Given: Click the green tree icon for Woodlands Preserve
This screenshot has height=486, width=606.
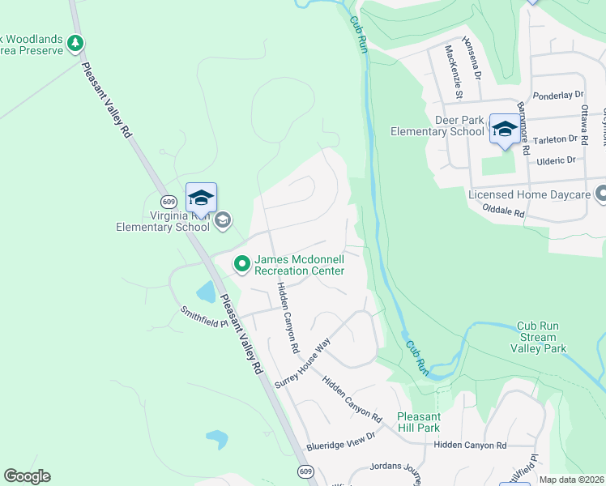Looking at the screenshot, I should point(75,43).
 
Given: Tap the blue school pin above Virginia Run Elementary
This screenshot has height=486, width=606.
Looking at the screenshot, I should point(201,198).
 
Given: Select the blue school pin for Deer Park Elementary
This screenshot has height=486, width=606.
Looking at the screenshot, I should point(505,129).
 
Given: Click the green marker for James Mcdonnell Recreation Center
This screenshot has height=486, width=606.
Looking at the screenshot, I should point(241,264).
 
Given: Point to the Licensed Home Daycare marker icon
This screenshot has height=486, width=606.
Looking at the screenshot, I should point(600,194).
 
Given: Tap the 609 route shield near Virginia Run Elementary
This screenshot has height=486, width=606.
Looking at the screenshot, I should point(169,201).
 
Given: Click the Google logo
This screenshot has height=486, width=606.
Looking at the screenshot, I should point(27,476).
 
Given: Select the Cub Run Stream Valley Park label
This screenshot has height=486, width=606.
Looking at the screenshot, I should point(538,338).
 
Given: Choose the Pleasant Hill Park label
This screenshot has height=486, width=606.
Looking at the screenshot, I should point(418,422).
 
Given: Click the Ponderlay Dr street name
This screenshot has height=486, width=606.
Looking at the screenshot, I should point(559,95).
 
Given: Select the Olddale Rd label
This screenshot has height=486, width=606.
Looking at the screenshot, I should point(502,214).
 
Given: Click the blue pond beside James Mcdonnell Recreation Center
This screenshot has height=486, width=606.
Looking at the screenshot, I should point(207,292).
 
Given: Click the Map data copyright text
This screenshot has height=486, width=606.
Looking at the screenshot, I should point(571,480).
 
